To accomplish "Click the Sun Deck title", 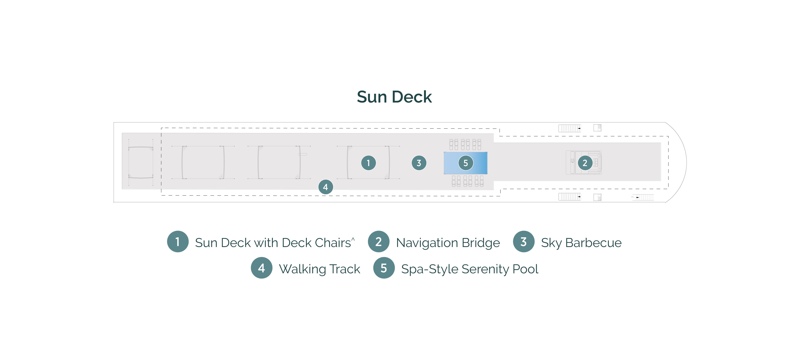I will (x=394, y=97).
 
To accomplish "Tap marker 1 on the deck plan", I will (x=368, y=163).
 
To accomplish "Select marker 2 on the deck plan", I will (x=585, y=163).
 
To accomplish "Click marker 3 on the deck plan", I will (x=419, y=163).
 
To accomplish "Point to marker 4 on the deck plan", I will (x=326, y=187).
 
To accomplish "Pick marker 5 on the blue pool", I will (x=466, y=163).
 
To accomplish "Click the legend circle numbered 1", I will (x=178, y=242).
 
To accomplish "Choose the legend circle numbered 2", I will (x=379, y=242).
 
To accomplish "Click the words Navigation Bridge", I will (x=448, y=243).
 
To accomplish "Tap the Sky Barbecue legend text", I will (x=581, y=243).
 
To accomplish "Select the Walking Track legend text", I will (x=319, y=269).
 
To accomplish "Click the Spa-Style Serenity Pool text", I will (x=470, y=269).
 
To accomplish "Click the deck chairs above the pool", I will (x=465, y=144).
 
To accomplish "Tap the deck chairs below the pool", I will (x=467, y=181).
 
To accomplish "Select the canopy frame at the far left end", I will (x=141, y=162).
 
